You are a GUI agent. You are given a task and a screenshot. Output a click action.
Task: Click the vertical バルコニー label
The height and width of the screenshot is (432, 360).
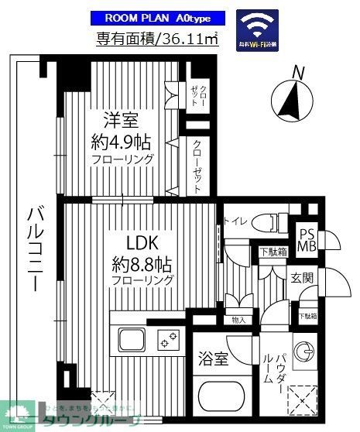(x=33, y=248)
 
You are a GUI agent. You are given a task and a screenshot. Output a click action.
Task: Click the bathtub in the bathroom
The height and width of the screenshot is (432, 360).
(x=221, y=396)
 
